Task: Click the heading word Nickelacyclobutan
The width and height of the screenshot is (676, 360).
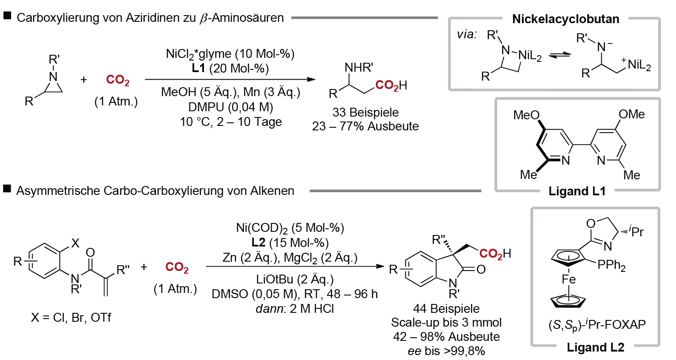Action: click(566, 19)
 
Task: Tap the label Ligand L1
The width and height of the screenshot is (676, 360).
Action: click(577, 191)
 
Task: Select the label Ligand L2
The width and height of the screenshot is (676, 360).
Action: click(595, 348)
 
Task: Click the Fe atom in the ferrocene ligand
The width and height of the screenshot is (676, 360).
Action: click(569, 279)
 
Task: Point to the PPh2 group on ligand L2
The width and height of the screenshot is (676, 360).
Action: click(611, 265)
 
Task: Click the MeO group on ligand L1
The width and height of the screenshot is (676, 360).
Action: click(526, 115)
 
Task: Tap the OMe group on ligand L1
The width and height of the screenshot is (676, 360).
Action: click(631, 114)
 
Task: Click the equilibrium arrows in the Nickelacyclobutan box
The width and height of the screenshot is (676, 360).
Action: click(560, 55)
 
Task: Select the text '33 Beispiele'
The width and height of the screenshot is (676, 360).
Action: click(366, 113)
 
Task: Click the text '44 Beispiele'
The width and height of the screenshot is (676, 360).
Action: click(446, 308)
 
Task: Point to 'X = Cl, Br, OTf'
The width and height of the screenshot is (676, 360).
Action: click(71, 317)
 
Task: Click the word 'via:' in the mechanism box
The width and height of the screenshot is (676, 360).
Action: click(467, 35)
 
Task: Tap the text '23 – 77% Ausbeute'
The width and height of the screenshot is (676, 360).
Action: click(366, 126)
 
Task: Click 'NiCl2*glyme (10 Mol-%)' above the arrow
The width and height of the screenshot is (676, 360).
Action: click(230, 54)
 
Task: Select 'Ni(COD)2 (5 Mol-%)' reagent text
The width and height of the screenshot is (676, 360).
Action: click(290, 228)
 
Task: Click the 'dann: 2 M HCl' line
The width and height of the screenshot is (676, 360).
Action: click(295, 308)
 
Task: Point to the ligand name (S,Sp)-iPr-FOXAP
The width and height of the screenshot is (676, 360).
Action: click(597, 325)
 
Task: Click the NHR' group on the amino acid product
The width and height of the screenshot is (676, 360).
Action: click(359, 68)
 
